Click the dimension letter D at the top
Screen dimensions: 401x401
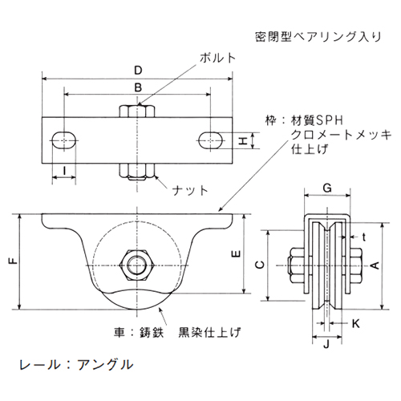pos(139,71)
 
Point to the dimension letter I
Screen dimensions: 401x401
pos(63,170)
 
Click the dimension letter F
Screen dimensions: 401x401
pos(10,261)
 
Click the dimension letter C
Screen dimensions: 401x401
pos(258,264)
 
